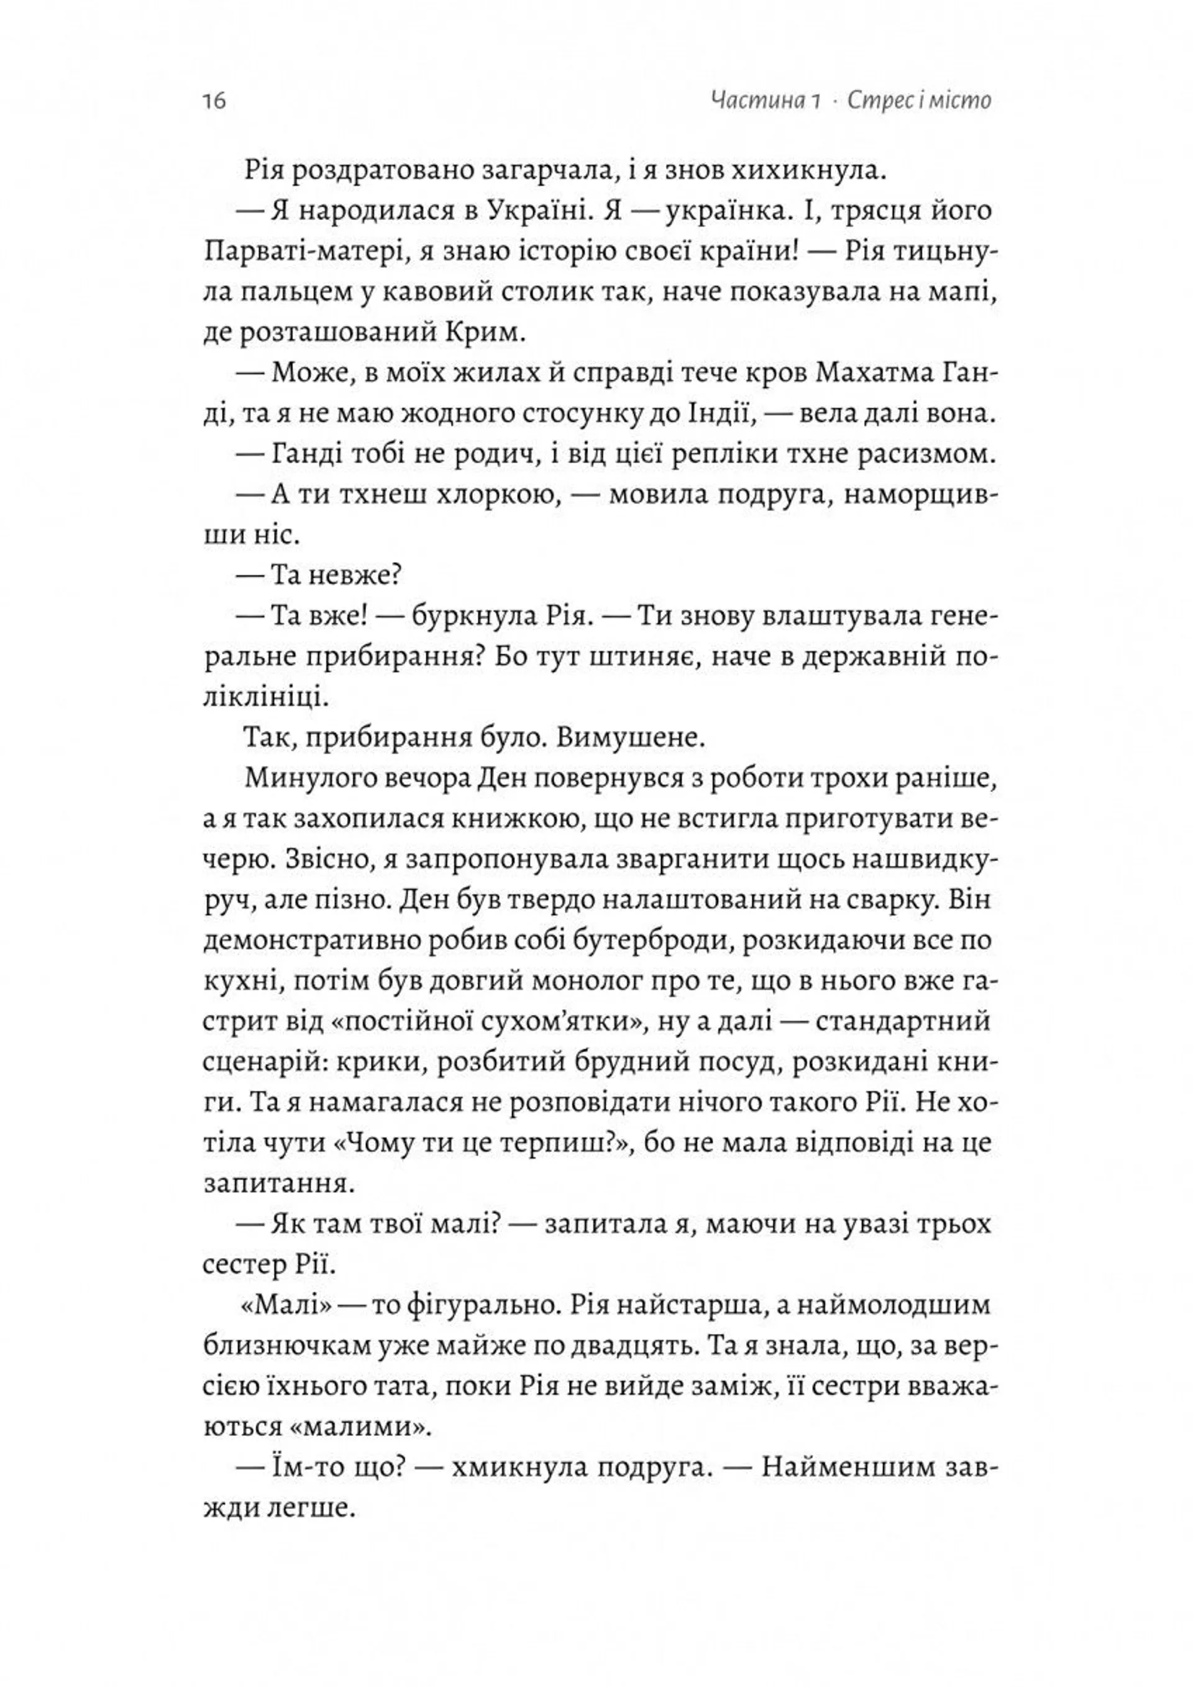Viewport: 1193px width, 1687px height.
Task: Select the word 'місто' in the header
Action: point(955,100)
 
